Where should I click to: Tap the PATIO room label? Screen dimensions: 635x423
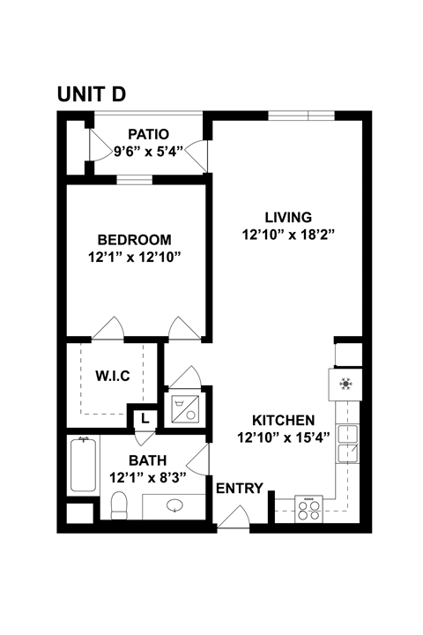click(x=148, y=134)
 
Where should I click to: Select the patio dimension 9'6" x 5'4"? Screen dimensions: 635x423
click(x=148, y=151)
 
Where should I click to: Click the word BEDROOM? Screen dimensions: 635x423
click(x=134, y=240)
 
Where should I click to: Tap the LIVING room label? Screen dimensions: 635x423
click(x=289, y=217)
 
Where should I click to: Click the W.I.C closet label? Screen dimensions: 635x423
click(x=113, y=377)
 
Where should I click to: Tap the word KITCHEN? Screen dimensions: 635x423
click(x=285, y=420)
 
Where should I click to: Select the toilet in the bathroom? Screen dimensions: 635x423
click(x=119, y=505)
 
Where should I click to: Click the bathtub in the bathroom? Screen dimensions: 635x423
click(x=85, y=466)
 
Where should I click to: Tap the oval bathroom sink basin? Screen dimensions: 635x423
click(x=175, y=507)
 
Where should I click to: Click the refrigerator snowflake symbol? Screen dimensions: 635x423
click(x=345, y=385)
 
